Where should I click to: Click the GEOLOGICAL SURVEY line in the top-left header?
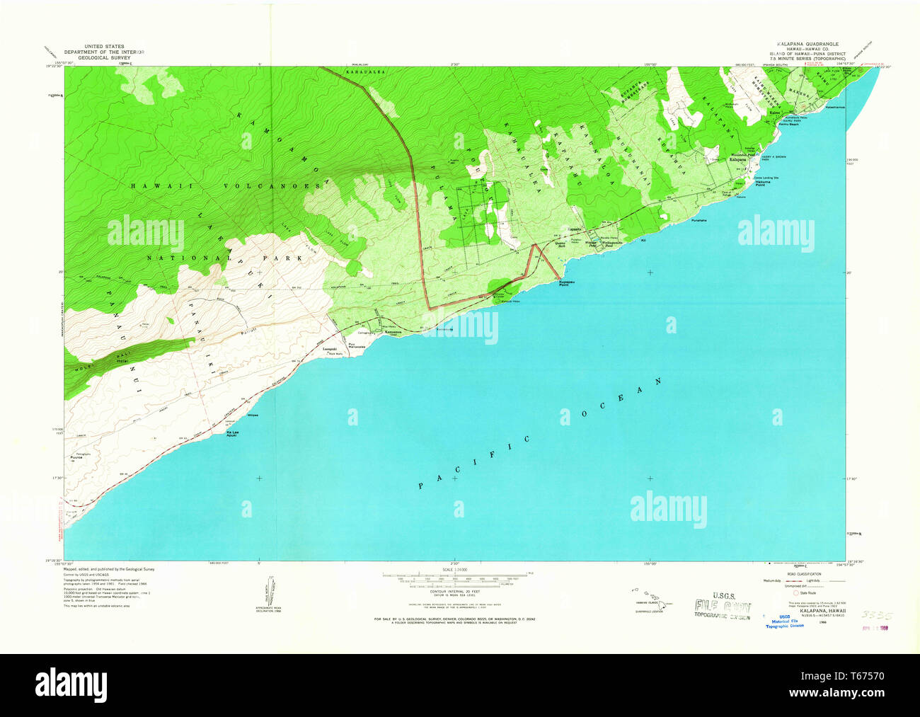coord(103,57)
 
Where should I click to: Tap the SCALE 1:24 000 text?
coord(456,570)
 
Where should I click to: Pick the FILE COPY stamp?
coord(723,606)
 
